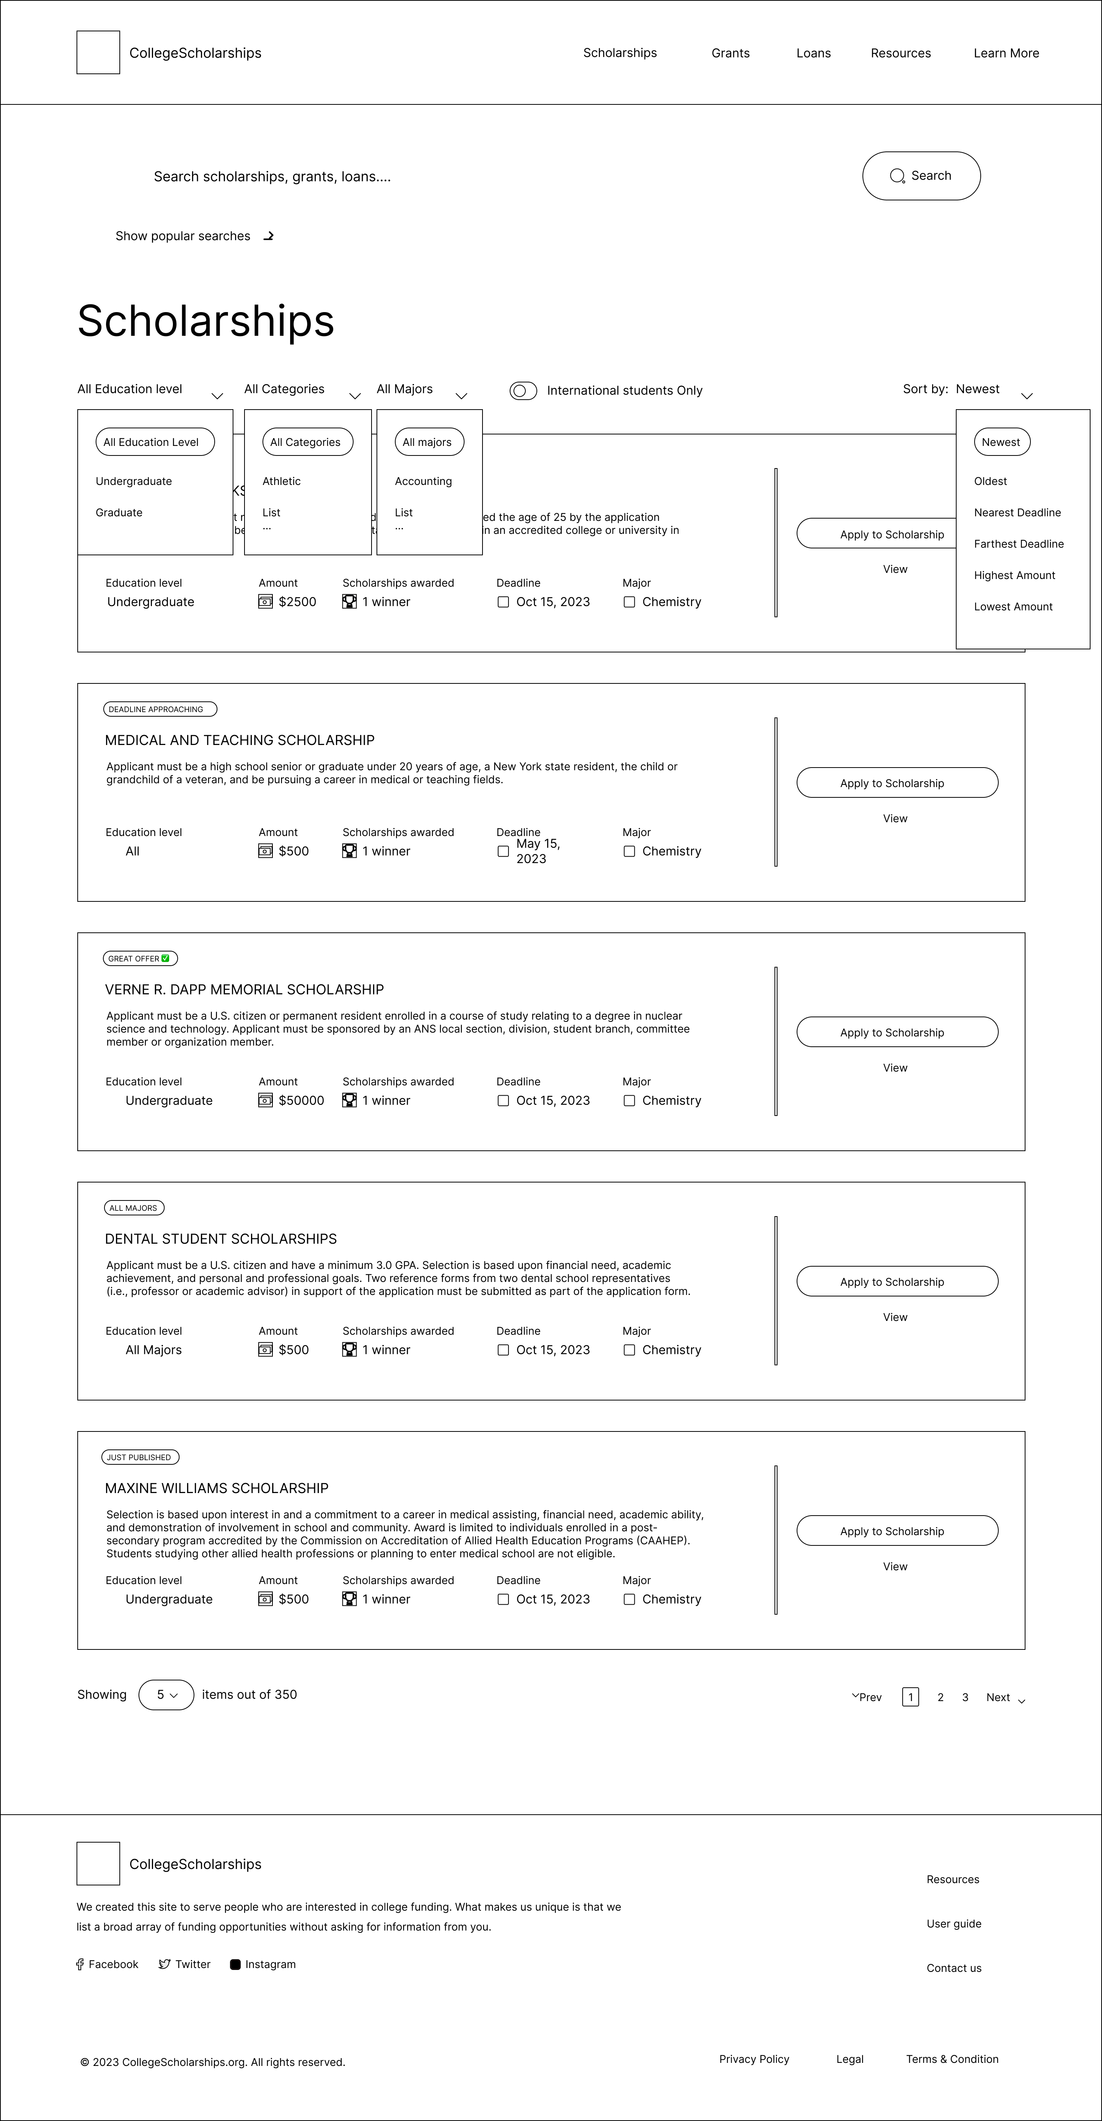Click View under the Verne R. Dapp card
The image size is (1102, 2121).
[895, 1068]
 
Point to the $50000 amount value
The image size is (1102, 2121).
[301, 1101]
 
